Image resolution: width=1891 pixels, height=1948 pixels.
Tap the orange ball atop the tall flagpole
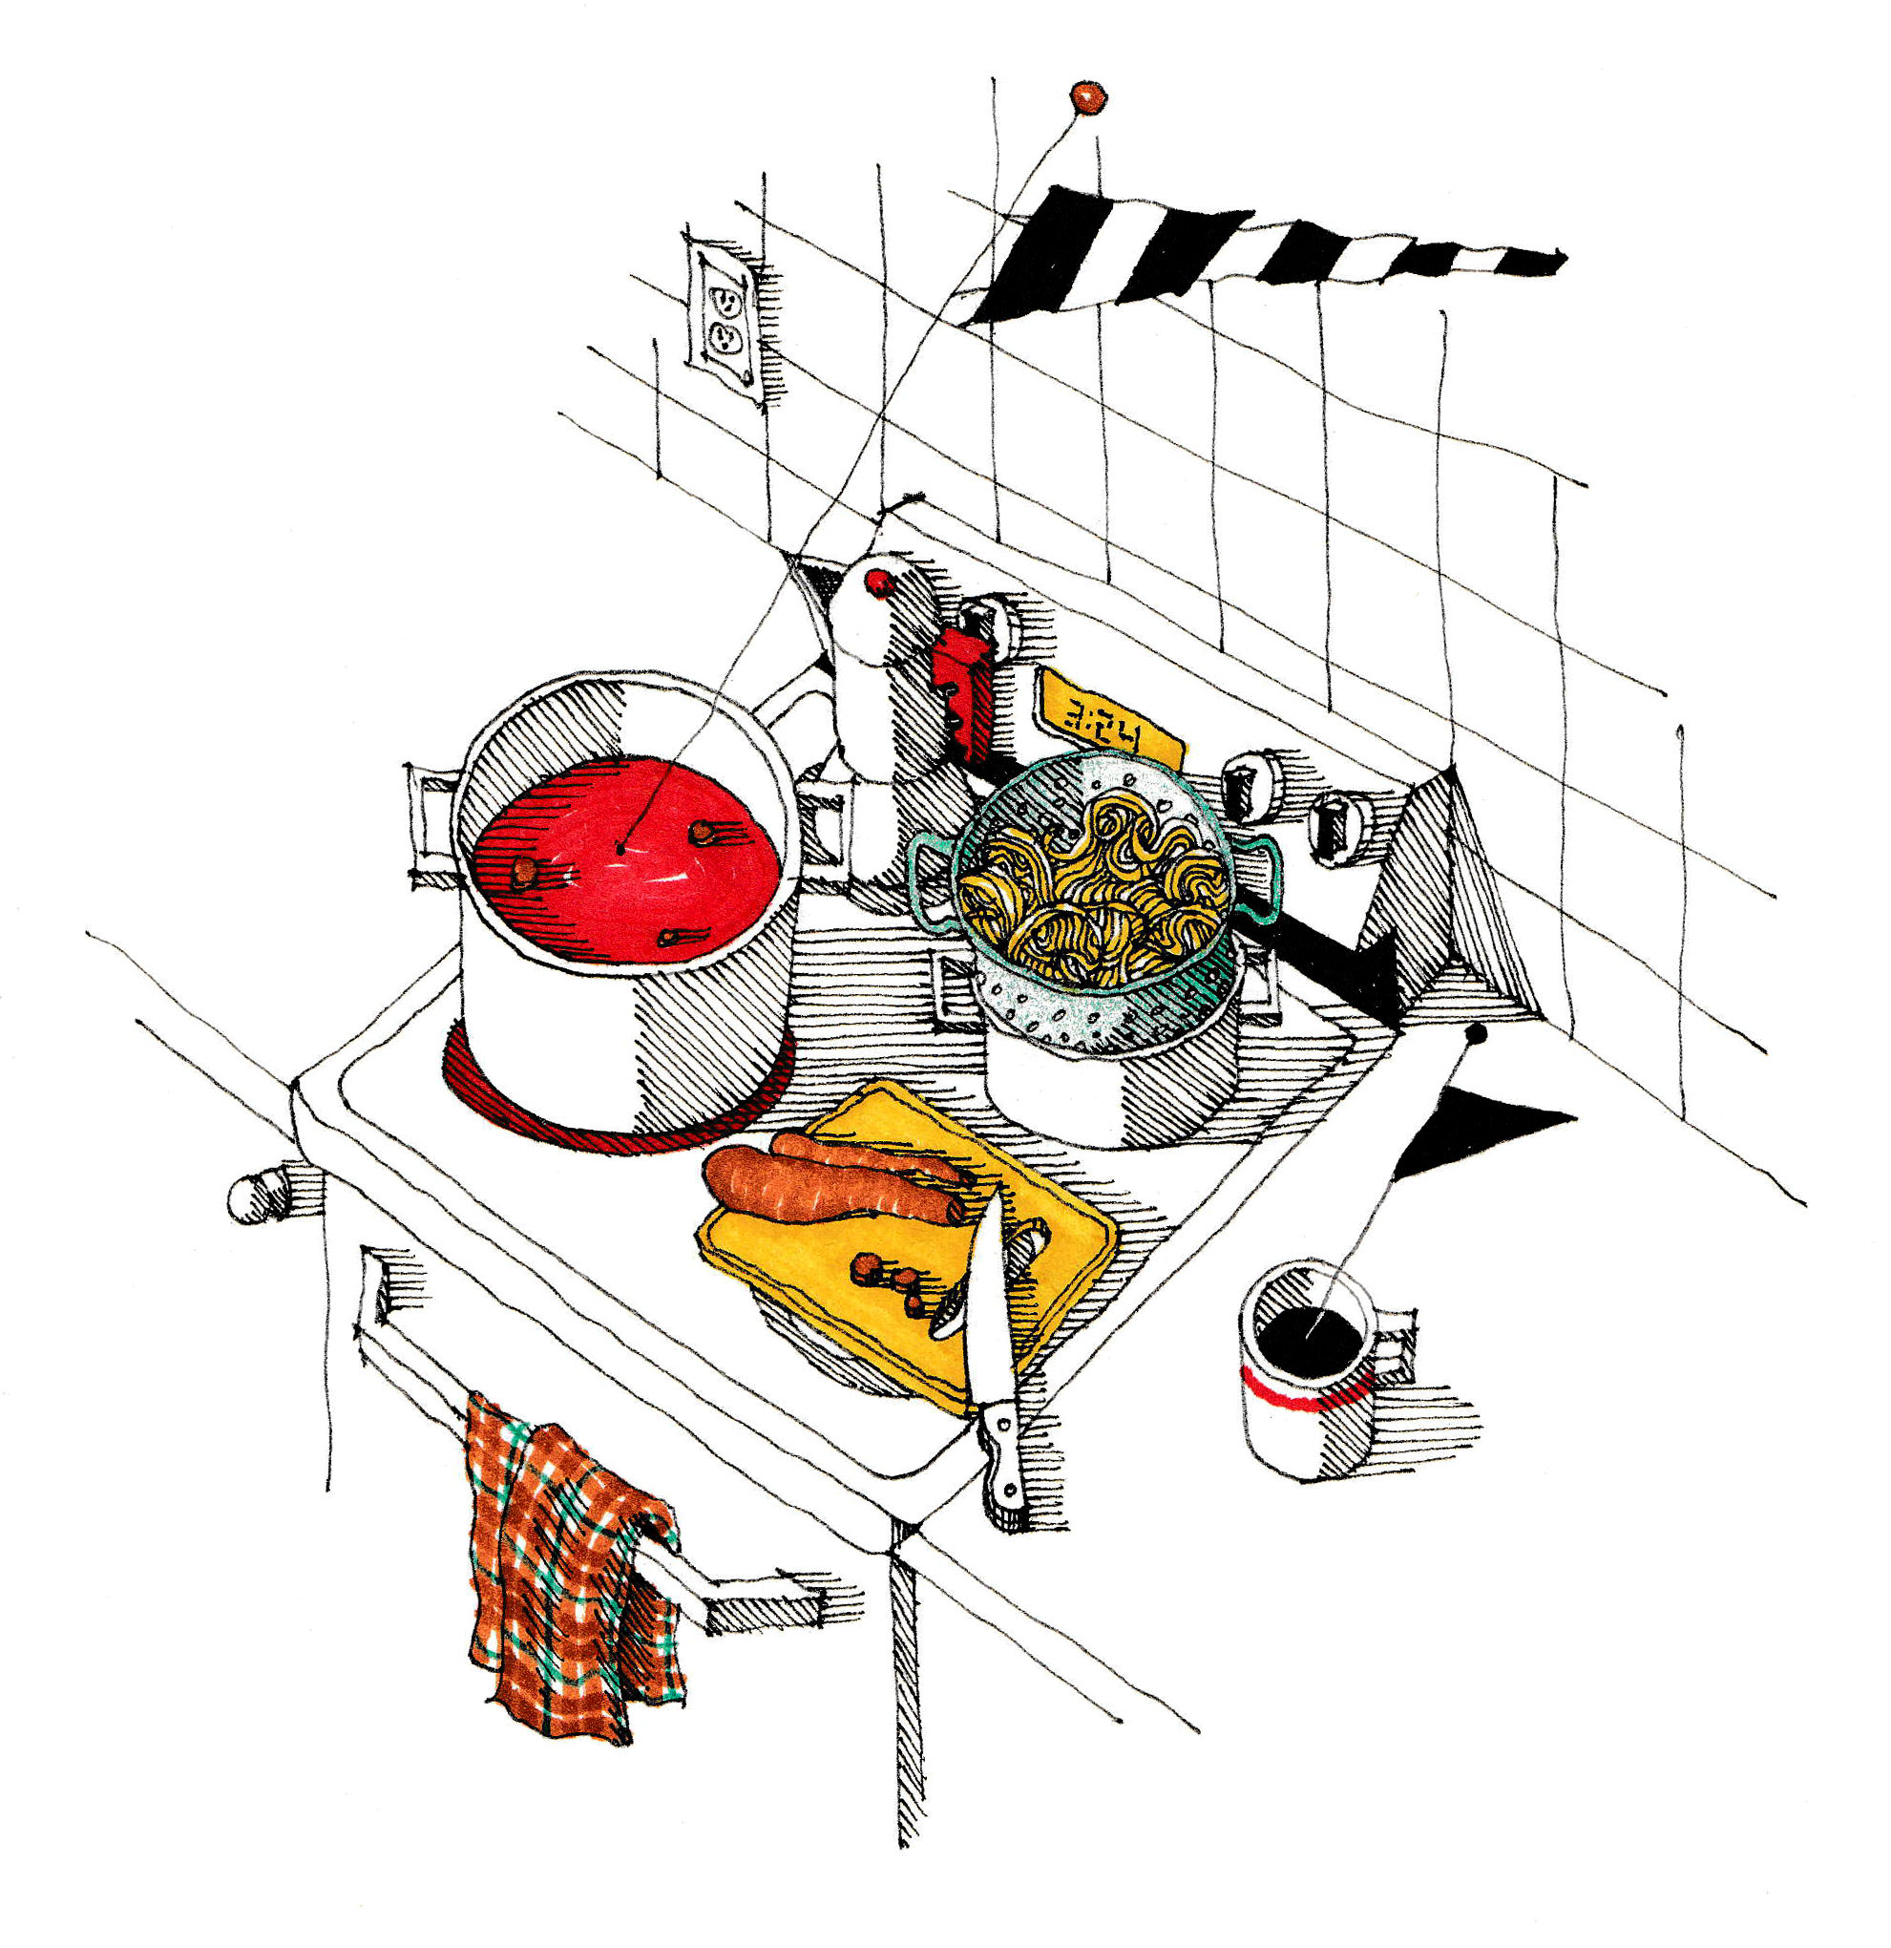[1087, 97]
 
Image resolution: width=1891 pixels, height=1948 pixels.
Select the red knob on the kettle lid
[877, 582]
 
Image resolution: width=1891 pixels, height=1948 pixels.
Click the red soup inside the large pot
[626, 859]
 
